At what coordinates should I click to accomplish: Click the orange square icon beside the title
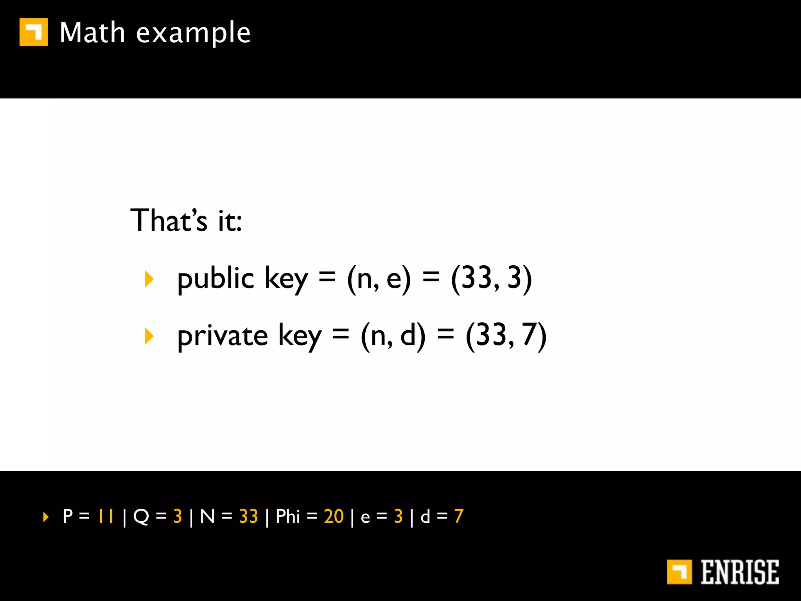point(34,32)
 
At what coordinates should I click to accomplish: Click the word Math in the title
point(92,32)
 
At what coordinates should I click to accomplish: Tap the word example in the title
point(193,33)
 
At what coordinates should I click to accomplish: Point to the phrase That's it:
point(186,220)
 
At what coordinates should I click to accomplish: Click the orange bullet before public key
point(149,279)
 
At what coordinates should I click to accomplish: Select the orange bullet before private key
point(149,336)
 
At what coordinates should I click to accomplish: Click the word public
point(216,279)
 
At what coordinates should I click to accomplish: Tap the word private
point(222,336)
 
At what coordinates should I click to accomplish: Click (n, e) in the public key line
point(379,279)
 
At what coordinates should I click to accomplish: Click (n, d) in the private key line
point(393,336)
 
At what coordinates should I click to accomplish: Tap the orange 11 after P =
point(106,516)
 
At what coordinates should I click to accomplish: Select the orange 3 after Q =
point(178,516)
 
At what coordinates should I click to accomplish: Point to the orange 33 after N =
point(248,516)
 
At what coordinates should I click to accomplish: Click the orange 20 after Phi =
point(334,516)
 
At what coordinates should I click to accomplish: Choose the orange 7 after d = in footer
point(459,516)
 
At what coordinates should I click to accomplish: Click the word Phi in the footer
point(287,516)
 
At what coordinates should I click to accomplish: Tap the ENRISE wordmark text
point(739,572)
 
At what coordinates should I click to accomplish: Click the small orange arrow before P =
point(46,517)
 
